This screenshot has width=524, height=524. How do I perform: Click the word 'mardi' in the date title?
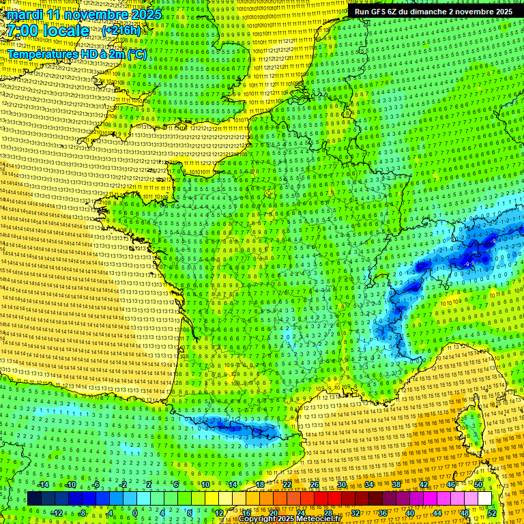tap(26, 14)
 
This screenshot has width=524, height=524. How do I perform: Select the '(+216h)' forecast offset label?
tap(121, 31)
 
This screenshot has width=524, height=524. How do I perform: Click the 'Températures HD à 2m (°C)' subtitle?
tap(77, 54)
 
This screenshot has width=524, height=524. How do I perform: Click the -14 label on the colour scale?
tap(43, 484)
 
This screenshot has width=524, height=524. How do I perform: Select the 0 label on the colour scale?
tap(134, 512)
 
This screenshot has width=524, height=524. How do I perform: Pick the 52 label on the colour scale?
tap(492, 512)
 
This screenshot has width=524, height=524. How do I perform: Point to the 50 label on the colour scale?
tap(478, 484)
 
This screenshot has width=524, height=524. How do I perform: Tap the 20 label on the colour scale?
tap(273, 512)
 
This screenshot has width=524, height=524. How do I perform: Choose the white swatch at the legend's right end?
tap(484, 499)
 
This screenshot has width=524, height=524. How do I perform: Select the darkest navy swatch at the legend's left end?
tap(34, 499)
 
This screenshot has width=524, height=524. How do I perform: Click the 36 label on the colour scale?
tap(382, 512)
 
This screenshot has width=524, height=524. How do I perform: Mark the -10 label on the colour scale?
tap(70, 484)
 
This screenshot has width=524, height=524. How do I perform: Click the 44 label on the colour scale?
tap(437, 512)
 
